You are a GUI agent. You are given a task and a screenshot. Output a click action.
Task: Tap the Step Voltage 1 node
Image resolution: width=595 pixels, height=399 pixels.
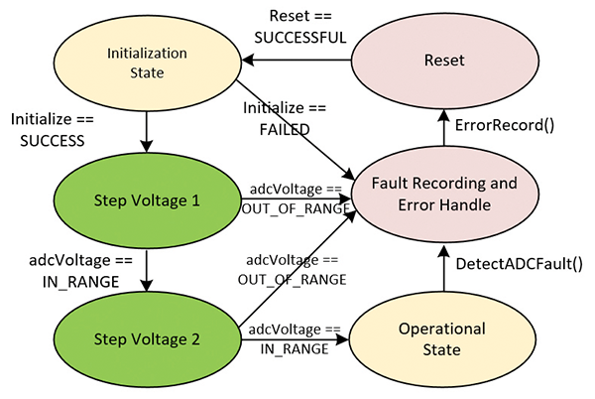(x=147, y=199)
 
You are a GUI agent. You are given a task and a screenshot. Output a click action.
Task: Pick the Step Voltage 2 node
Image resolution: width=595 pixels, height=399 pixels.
(x=147, y=338)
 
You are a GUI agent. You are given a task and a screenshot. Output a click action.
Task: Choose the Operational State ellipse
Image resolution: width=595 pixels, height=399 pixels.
(x=442, y=337)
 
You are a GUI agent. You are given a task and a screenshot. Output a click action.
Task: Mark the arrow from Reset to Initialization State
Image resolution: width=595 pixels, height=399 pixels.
(x=298, y=60)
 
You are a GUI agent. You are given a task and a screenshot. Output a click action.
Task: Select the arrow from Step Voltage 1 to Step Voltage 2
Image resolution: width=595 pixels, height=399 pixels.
(x=147, y=266)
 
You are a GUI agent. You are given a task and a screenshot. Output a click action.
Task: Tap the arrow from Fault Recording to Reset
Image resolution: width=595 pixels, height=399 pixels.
(x=443, y=128)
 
